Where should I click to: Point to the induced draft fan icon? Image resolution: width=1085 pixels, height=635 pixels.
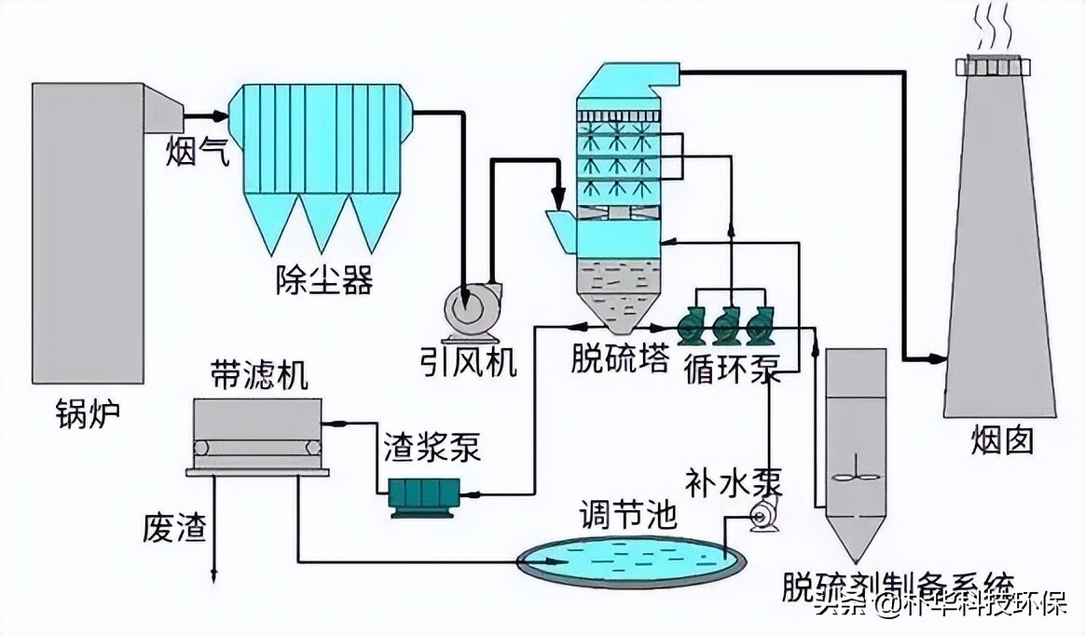pyautogui.click(x=469, y=309)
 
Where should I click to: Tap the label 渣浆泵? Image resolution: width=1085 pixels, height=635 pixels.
pyautogui.click(x=432, y=448)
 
